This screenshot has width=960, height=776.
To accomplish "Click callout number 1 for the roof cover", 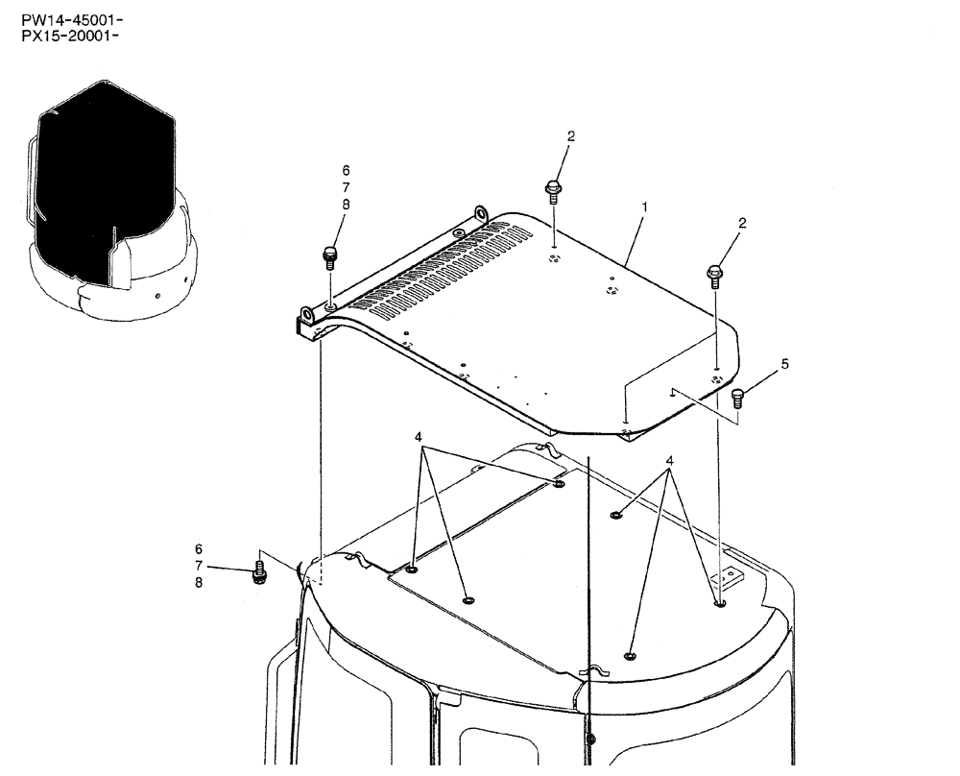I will tap(644, 206).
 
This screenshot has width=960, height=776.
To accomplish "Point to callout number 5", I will tap(784, 364).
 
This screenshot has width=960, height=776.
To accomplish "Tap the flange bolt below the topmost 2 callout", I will tap(553, 190).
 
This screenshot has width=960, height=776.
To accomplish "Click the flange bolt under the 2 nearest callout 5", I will tap(716, 275).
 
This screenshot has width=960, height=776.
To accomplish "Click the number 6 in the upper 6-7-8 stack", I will tap(346, 171).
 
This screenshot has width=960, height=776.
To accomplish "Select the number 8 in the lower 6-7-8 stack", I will tap(199, 582).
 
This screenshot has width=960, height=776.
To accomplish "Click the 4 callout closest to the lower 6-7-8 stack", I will tap(418, 436).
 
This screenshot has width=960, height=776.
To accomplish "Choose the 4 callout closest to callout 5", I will tap(669, 461).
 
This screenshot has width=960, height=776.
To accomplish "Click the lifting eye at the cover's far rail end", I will tap(481, 213).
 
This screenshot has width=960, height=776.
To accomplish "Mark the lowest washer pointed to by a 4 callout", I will tap(629, 656).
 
